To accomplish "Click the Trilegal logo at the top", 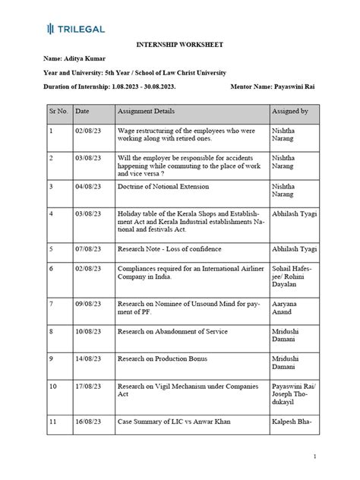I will click(x=75, y=28).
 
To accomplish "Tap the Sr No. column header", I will click(x=59, y=112).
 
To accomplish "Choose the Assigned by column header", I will click(x=290, y=112).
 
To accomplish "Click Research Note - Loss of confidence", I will click(x=173, y=248).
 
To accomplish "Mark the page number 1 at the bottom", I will click(x=335, y=456).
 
